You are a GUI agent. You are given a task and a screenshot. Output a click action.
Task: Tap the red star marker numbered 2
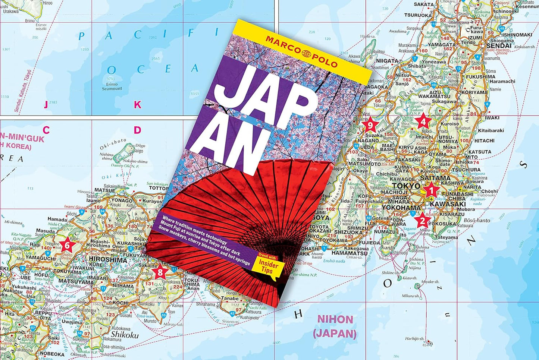click(x=422, y=220)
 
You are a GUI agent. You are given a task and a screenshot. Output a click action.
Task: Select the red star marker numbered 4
click(x=423, y=121)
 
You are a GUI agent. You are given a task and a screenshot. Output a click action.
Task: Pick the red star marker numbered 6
click(x=67, y=245)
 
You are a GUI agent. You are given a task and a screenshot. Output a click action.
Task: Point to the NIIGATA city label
click(x=388, y=61)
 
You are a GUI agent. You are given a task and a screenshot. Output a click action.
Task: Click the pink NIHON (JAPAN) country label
click(x=335, y=326)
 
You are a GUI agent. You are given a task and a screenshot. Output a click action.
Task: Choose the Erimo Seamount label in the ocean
click(x=112, y=86)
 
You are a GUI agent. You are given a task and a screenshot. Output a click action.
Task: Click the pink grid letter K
click(x=138, y=105)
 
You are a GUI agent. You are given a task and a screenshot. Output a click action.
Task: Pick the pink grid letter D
click(x=138, y=130)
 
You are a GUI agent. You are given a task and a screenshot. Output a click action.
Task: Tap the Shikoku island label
click(x=125, y=334)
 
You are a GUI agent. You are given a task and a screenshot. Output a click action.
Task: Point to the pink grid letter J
click(x=46, y=105)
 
